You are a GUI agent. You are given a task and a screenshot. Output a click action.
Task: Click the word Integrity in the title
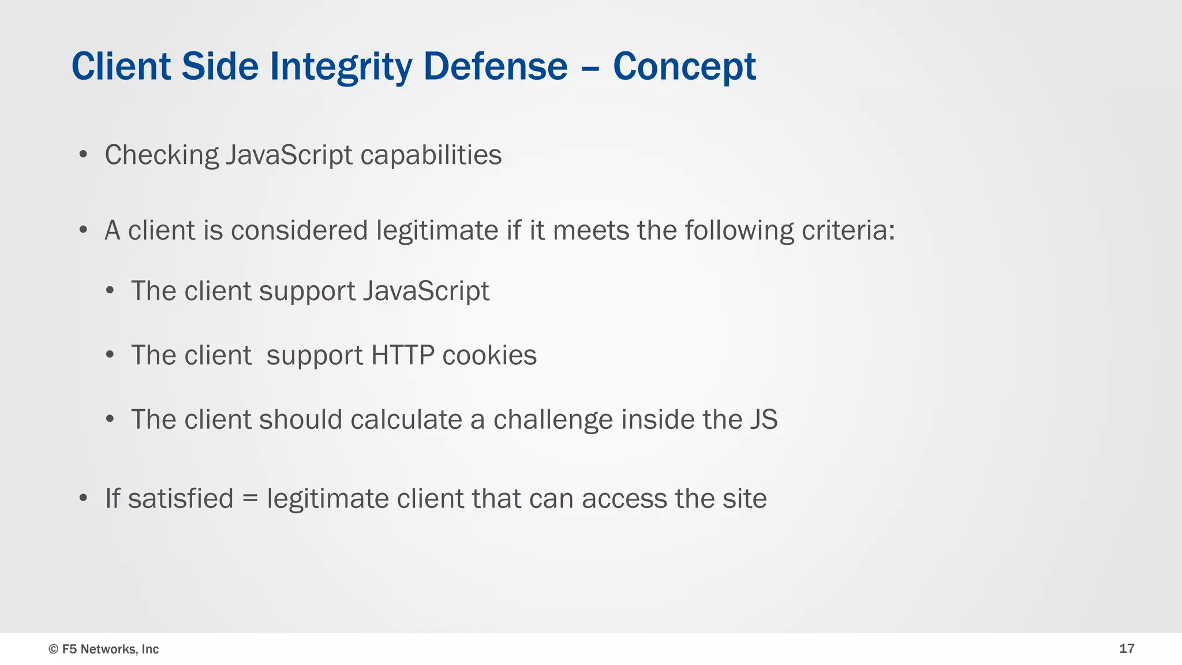(341, 66)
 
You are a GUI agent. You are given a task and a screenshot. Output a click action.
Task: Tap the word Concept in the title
(684, 66)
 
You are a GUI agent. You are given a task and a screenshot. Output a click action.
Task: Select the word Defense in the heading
(495, 66)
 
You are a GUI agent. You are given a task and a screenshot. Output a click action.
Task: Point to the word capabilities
(431, 155)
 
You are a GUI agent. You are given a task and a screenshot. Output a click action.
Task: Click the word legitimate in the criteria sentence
(437, 230)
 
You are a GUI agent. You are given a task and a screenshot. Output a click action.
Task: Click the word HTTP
(402, 355)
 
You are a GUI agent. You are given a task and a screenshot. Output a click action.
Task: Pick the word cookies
(489, 355)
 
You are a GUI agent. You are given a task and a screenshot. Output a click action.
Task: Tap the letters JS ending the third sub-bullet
(764, 420)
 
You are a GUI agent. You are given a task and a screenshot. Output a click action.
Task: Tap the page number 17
(1127, 649)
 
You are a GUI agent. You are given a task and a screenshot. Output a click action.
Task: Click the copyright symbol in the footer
(54, 649)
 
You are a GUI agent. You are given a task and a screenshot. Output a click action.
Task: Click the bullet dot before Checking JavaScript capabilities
(84, 155)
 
